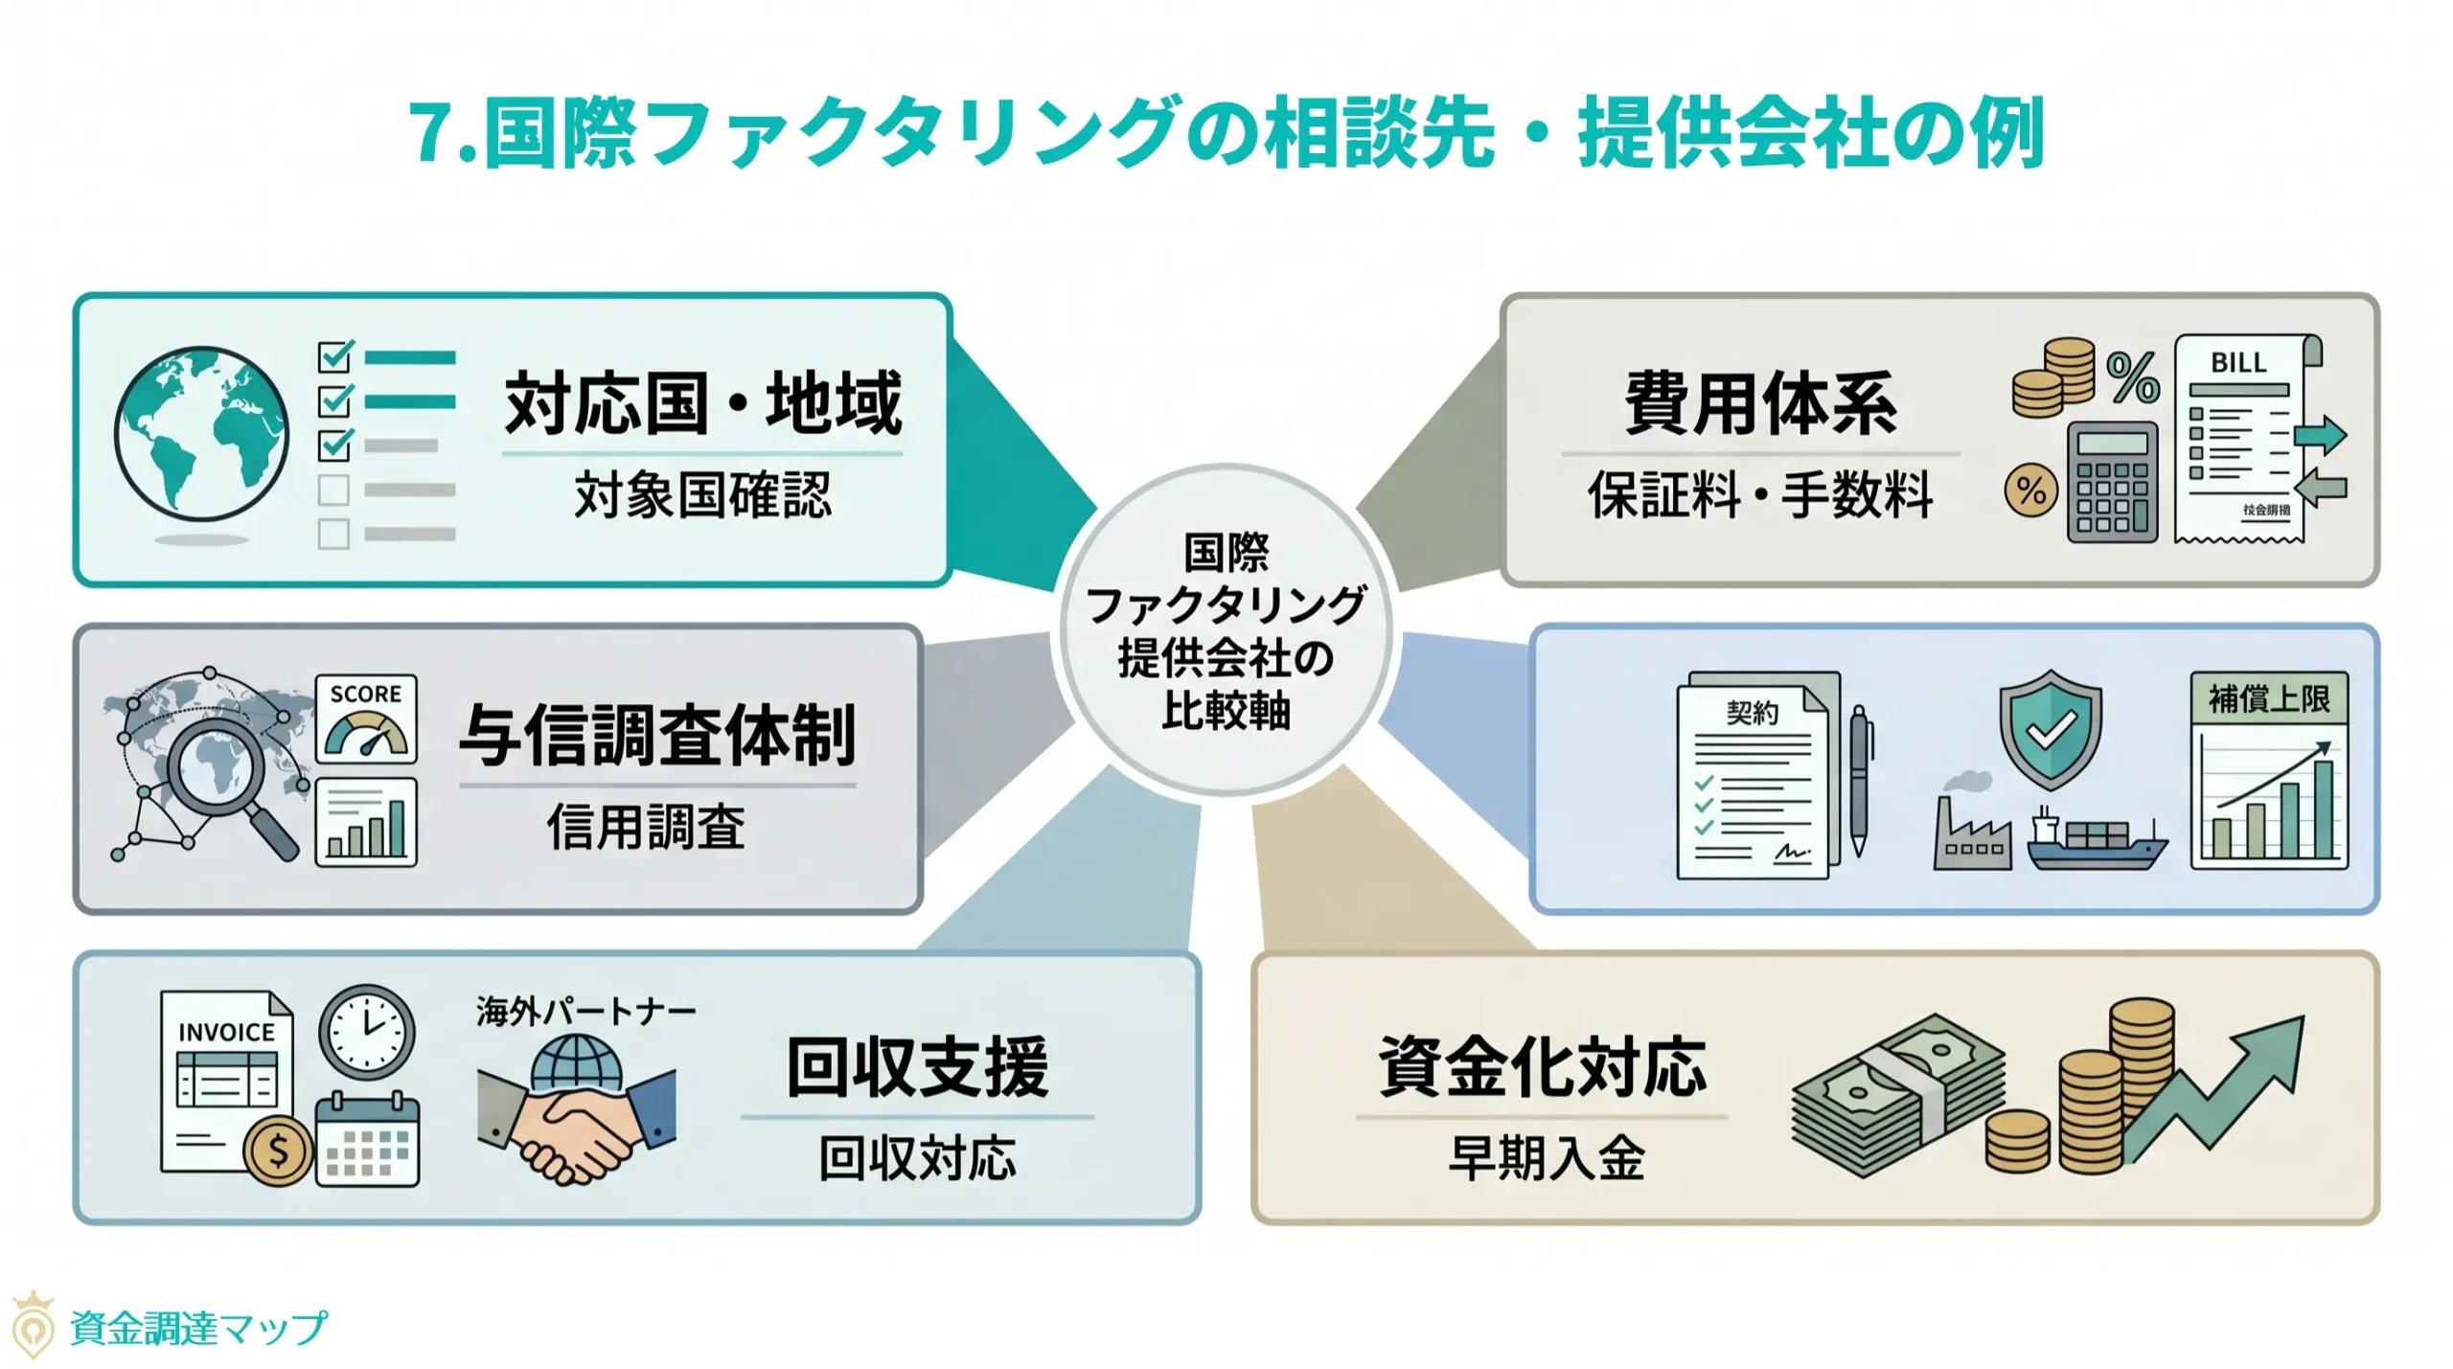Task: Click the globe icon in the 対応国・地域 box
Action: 200,433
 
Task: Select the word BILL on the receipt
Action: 2238,363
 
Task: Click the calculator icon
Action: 2112,482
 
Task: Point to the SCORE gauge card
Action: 366,719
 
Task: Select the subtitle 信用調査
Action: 646,827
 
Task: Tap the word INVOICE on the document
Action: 226,1032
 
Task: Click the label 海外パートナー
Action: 585,1012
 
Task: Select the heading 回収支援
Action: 917,1067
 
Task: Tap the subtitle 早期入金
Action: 1546,1158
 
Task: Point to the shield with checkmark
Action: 2050,728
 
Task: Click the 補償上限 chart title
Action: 2268,698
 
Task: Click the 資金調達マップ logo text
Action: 198,1328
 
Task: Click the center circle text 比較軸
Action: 1226,712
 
